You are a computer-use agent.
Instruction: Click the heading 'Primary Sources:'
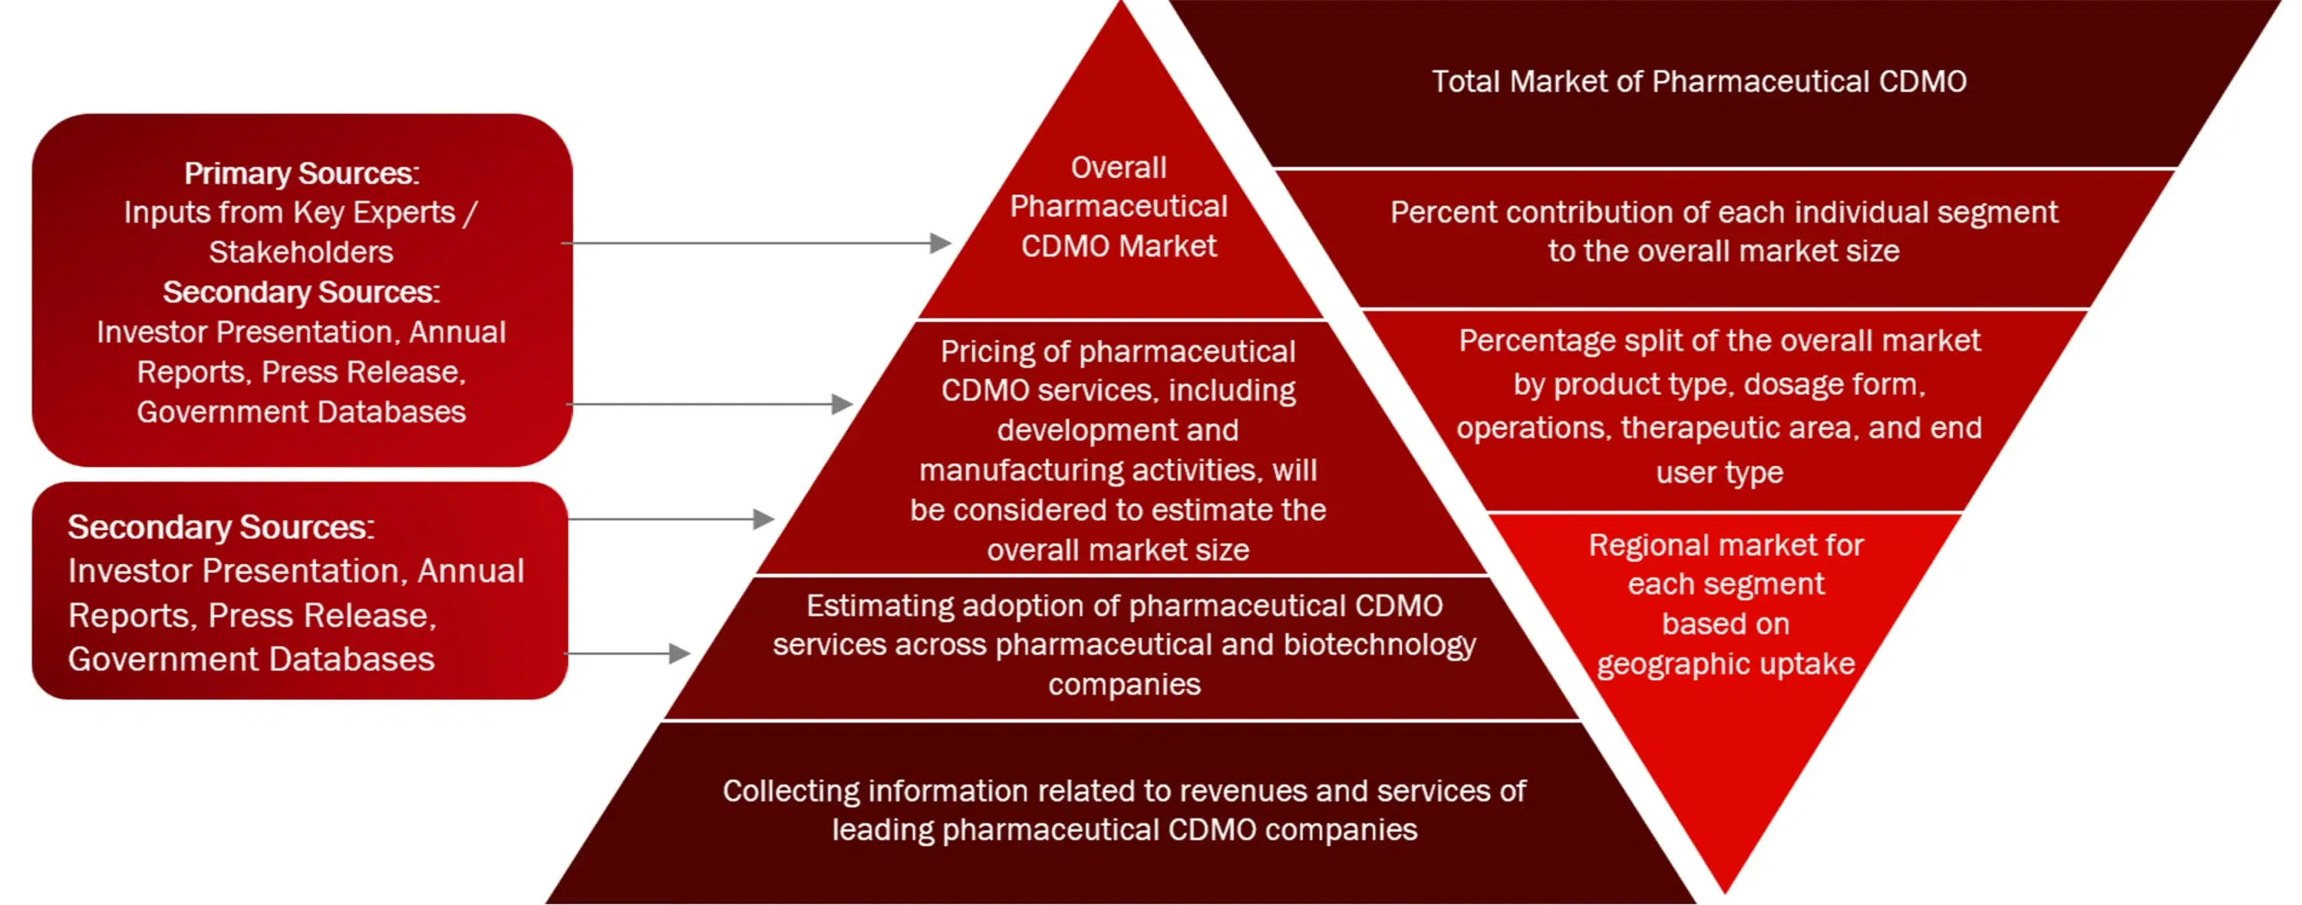[301, 173]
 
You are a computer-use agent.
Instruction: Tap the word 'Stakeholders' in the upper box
[301, 252]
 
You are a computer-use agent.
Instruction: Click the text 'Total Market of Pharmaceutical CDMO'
[1699, 81]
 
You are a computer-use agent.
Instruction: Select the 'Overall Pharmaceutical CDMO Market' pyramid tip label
[1119, 206]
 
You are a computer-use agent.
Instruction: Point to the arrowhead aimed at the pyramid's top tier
[940, 243]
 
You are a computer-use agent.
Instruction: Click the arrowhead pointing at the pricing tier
[842, 404]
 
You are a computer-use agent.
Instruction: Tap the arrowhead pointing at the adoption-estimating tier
[679, 654]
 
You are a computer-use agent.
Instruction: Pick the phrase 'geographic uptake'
[1726, 663]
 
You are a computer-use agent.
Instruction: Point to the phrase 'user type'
[1720, 472]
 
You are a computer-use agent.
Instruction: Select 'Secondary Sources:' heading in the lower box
[221, 527]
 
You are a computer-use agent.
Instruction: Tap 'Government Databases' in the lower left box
[251, 660]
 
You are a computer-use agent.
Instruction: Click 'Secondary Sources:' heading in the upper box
[301, 292]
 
